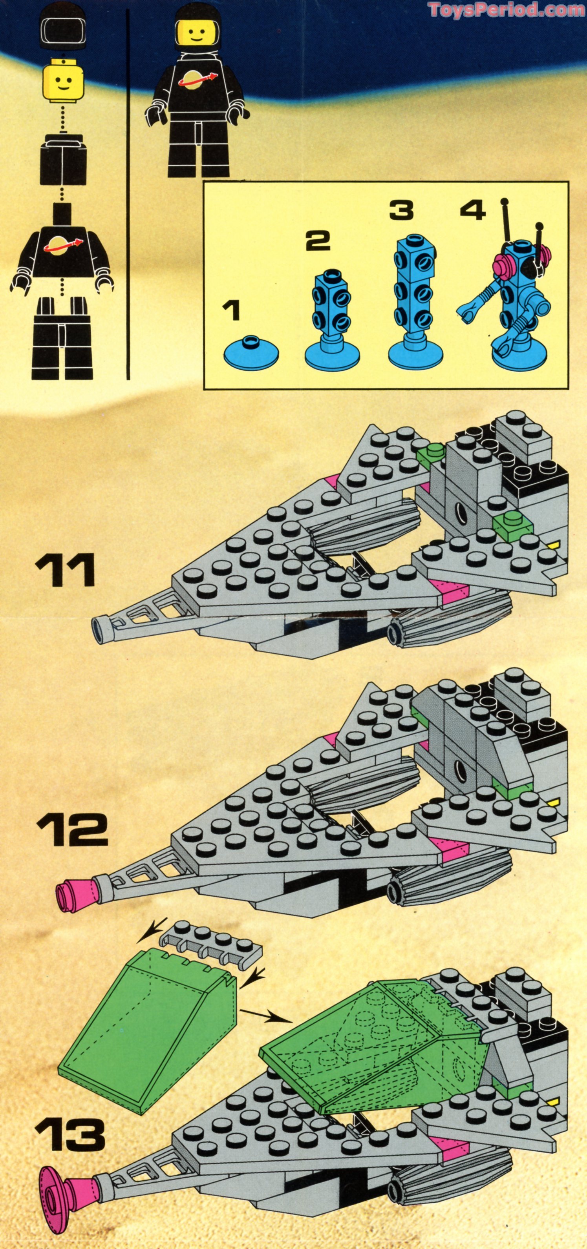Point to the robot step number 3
401,210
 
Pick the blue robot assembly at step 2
332,320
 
